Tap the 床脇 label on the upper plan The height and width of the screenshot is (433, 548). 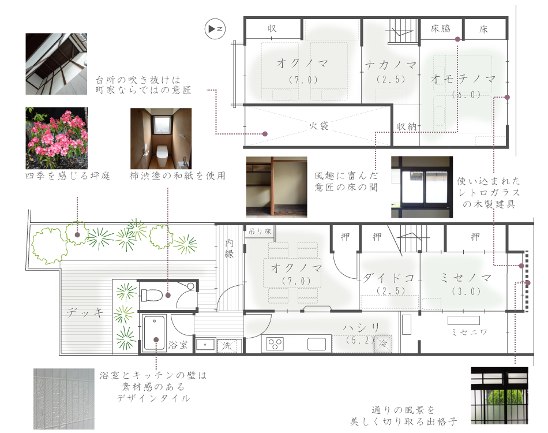440,28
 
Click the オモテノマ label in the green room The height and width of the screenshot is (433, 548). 463,80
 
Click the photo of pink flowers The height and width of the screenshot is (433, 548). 56,138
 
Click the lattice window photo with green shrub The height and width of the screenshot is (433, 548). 500,396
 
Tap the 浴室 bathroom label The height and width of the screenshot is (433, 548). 178,345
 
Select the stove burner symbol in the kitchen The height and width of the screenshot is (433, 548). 274,345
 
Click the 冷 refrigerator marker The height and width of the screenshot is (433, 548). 383,344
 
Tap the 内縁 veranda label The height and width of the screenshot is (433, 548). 230,248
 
